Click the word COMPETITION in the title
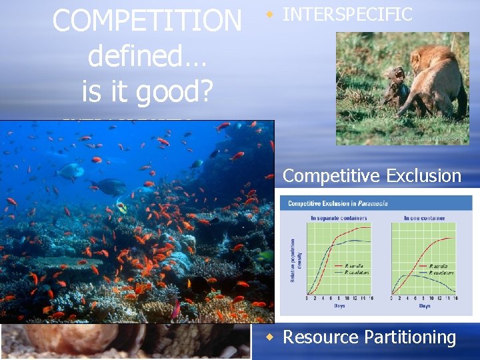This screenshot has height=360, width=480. coord(147,21)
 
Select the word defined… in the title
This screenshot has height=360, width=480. coord(147,56)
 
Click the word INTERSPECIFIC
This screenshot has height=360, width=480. coord(347,15)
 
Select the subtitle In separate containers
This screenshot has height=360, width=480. coord(339,218)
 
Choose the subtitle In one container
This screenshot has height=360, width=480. coord(424,218)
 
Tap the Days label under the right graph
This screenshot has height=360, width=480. coord(424,306)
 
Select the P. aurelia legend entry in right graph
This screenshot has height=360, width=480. coord(440,267)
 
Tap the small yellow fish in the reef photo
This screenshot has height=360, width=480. coord(122,208)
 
